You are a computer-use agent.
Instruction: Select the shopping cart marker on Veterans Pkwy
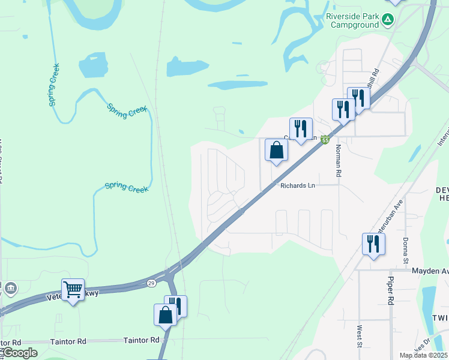tap(73, 290)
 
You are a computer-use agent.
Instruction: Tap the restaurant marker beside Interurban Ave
tap(373, 244)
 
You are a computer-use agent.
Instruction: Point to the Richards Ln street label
tap(298, 186)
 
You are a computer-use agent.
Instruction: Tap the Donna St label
tap(406, 251)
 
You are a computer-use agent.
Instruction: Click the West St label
tap(358, 336)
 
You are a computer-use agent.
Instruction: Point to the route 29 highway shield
tap(152, 282)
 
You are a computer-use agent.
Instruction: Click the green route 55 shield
tap(325, 140)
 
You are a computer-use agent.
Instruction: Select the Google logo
tap(20, 353)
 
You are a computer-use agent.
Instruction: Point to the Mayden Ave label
tap(430, 271)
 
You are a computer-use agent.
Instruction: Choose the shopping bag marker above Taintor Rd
tap(165, 314)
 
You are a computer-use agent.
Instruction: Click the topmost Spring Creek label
tap(54, 84)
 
